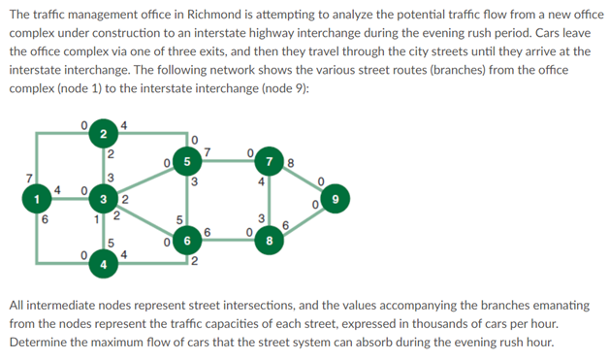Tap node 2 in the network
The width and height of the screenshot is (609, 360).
point(103,134)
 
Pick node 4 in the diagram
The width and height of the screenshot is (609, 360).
point(103,262)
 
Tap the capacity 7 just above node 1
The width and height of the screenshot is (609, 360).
point(30,177)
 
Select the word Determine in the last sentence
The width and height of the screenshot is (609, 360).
point(40,343)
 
